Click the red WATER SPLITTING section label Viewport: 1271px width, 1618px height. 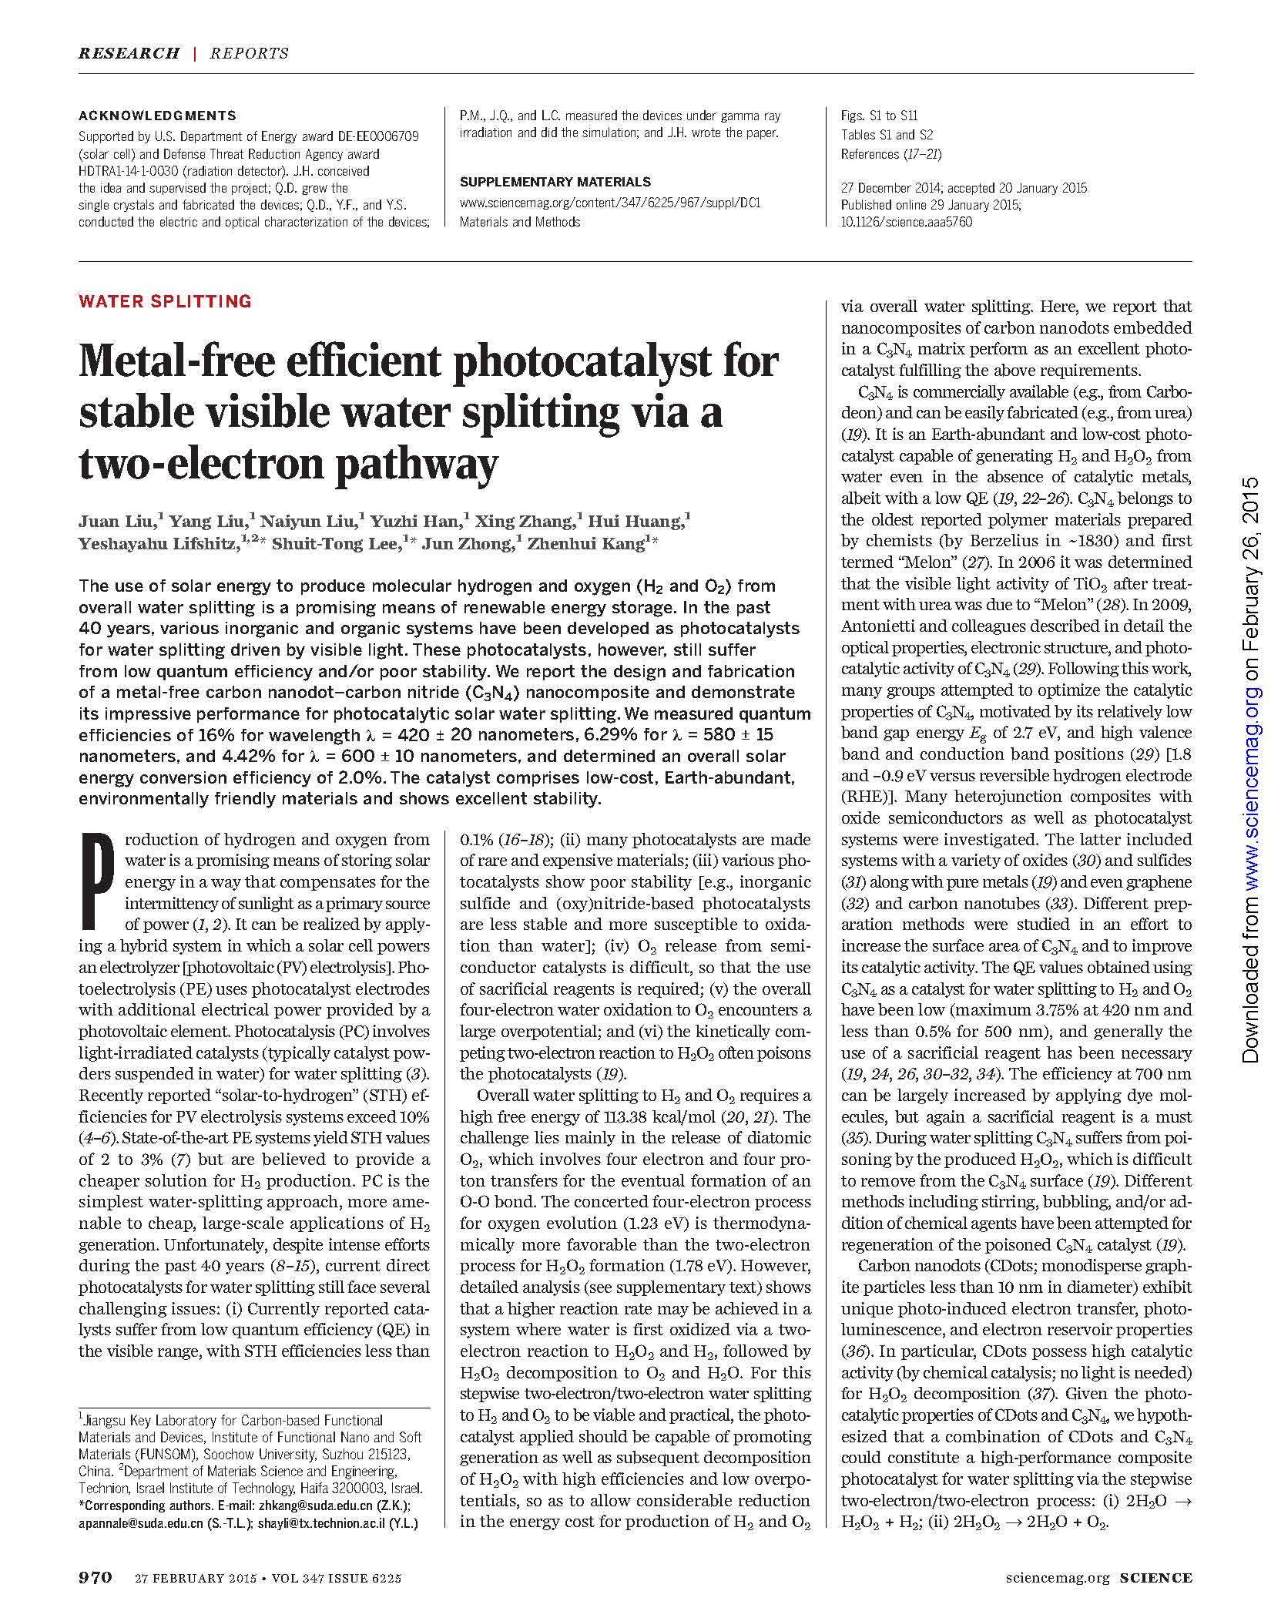(165, 301)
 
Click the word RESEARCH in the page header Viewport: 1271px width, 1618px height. (129, 53)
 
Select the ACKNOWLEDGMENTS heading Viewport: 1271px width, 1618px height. (157, 116)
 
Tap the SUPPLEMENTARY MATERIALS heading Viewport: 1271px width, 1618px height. (555, 182)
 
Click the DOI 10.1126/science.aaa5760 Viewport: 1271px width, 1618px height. (907, 222)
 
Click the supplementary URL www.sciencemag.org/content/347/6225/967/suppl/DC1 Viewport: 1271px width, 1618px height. (610, 203)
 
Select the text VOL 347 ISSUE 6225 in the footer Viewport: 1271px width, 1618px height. (337, 1578)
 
